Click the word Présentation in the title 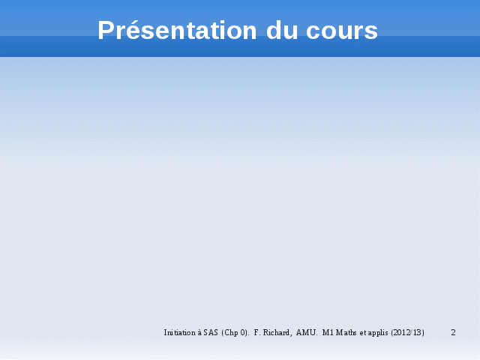pyautogui.click(x=177, y=30)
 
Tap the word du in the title pyautogui.click(x=282, y=30)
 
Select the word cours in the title pyautogui.click(x=342, y=32)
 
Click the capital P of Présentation pyautogui.click(x=106, y=30)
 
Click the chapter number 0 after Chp pyautogui.click(x=243, y=332)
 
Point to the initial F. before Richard pyautogui.click(x=256, y=332)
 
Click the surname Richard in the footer pyautogui.click(x=277, y=332)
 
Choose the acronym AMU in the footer pyautogui.click(x=306, y=332)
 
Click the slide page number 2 pyautogui.click(x=453, y=332)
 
